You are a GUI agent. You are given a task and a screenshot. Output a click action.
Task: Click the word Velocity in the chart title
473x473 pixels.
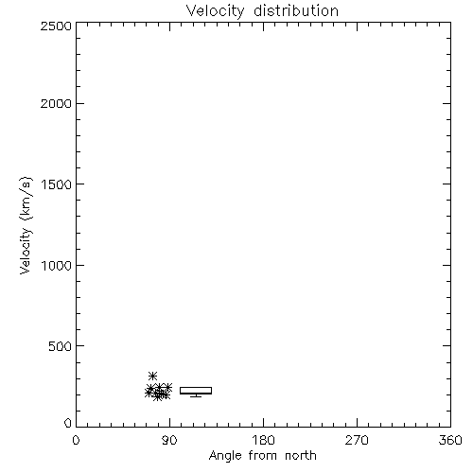215,11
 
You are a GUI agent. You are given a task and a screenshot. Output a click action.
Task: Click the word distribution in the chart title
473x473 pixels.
296,10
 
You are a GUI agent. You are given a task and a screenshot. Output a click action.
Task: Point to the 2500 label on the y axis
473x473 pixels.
56,26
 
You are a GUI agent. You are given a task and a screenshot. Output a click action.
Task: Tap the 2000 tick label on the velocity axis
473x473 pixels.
56,103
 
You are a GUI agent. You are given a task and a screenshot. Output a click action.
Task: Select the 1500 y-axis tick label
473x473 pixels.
57,184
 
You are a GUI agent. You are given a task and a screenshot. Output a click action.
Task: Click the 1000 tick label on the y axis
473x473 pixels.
57,266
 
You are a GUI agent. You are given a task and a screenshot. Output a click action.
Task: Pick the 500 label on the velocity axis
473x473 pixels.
61,346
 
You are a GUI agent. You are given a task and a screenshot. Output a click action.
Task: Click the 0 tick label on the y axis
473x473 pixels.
68,423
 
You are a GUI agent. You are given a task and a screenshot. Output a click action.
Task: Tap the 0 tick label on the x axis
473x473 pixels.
76,440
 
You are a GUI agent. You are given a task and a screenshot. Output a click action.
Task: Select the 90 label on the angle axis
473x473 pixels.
169,440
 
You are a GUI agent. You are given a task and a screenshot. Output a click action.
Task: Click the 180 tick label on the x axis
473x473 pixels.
263,440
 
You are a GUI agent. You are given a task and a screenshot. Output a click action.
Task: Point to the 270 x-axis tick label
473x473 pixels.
357,440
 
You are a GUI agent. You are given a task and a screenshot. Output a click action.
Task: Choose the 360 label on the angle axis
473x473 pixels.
450,440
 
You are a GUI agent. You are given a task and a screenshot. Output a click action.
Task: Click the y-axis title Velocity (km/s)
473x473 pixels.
26,225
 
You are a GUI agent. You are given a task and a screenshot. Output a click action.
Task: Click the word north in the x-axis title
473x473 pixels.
301,456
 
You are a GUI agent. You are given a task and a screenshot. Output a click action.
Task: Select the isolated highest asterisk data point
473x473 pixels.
152,376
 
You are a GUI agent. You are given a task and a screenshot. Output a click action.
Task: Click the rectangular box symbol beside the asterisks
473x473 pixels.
196,388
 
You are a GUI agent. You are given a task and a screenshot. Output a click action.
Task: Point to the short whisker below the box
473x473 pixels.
196,395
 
